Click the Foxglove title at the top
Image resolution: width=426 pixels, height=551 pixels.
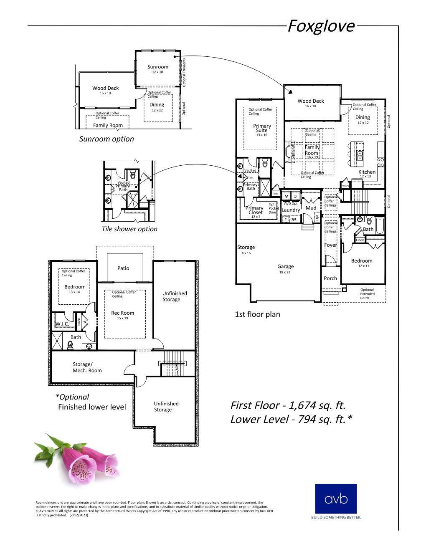tap(321, 26)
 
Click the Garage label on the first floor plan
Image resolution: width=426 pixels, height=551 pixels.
tap(286, 266)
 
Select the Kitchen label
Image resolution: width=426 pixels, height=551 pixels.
tap(367, 172)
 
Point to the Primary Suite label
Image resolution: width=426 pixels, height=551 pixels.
tap(262, 128)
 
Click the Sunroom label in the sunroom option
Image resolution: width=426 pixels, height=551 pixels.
tap(158, 67)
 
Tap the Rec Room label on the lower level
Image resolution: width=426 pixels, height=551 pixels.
tap(123, 313)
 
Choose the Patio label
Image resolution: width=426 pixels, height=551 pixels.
tap(123, 268)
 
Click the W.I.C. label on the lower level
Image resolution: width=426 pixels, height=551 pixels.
tap(62, 324)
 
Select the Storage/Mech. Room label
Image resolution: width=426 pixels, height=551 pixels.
tap(87, 367)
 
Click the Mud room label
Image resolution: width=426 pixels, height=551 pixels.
tap(311, 208)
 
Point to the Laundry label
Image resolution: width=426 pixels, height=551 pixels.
tap(291, 210)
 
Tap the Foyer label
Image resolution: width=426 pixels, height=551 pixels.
tap(331, 245)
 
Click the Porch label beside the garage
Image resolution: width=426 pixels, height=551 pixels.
tap(330, 278)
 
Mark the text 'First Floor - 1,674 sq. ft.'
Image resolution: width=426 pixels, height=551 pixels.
tap(288, 405)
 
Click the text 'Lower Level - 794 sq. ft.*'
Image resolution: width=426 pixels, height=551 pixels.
tap(291, 420)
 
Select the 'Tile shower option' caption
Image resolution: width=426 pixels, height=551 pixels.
tap(129, 229)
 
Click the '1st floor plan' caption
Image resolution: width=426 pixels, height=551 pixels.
tap(257, 314)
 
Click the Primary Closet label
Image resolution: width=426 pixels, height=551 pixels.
tap(255, 210)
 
